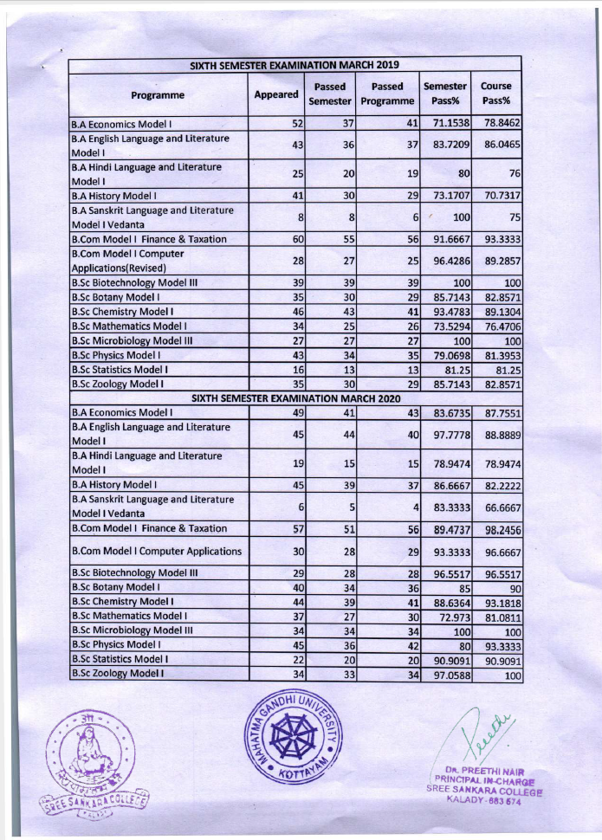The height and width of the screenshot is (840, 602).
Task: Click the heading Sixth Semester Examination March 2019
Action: coord(295,65)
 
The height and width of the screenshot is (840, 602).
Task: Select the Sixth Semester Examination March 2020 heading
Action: coord(295,397)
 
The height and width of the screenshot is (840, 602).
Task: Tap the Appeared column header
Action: coord(275,94)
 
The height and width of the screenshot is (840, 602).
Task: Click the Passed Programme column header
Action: coord(387,94)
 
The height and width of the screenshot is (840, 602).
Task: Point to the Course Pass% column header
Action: coord(495,94)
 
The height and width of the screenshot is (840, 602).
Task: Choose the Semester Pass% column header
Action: coord(445,94)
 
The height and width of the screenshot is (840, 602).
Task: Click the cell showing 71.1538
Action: coord(446,124)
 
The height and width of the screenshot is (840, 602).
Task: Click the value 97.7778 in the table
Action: coord(446,435)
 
